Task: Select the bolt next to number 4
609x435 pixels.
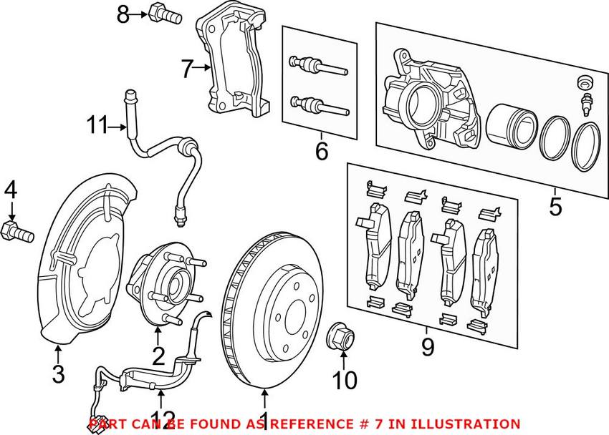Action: [x=17, y=233]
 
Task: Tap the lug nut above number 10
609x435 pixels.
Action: [x=341, y=336]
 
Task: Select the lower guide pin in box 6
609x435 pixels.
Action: [x=320, y=105]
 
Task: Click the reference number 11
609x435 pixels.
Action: [x=97, y=125]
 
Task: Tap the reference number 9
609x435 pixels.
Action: [x=427, y=346]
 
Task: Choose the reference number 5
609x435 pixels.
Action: [x=555, y=207]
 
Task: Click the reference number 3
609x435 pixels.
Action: [x=58, y=373]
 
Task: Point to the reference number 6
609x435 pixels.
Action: [x=322, y=151]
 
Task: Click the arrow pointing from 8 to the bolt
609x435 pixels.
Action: [x=138, y=15]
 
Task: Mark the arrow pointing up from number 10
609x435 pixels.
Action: [x=344, y=359]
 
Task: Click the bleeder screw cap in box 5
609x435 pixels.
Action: [x=585, y=81]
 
